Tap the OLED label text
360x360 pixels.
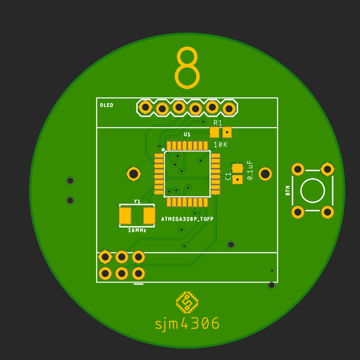[x=106, y=106]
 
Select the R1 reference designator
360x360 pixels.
[x=218, y=123]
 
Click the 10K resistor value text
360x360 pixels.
[x=220, y=145]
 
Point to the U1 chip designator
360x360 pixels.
[x=187, y=134]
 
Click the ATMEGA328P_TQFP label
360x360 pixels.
[x=187, y=219]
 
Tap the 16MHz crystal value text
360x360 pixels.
[x=137, y=230]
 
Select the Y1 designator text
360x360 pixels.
[x=137, y=202]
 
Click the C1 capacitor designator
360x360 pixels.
[x=228, y=176]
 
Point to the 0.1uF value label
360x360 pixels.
[x=250, y=170]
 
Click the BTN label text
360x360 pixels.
[x=287, y=191]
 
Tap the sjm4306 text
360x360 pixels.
[x=187, y=324]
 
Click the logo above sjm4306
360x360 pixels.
[x=187, y=302]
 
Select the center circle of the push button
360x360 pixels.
[x=312, y=191]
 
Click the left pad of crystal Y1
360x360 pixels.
[x=125, y=215]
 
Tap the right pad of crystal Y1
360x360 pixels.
[x=149, y=215]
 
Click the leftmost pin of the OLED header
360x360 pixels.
[x=145, y=107]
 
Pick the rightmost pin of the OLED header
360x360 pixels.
[x=229, y=109]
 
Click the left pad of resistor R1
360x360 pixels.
[x=215, y=132]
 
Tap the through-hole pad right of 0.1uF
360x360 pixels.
[x=265, y=174]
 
